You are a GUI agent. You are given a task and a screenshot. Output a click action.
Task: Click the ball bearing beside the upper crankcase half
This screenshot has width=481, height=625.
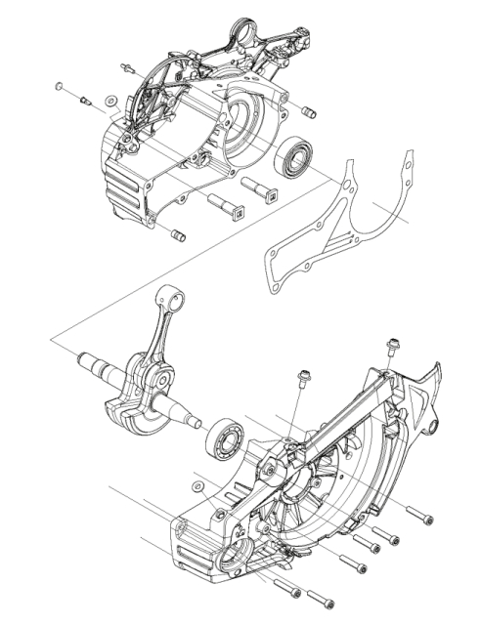point(293,157)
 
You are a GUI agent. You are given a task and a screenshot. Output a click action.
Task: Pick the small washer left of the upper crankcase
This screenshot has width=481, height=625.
point(109,101)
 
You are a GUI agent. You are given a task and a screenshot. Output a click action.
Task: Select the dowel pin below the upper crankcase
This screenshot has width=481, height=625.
point(177,234)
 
